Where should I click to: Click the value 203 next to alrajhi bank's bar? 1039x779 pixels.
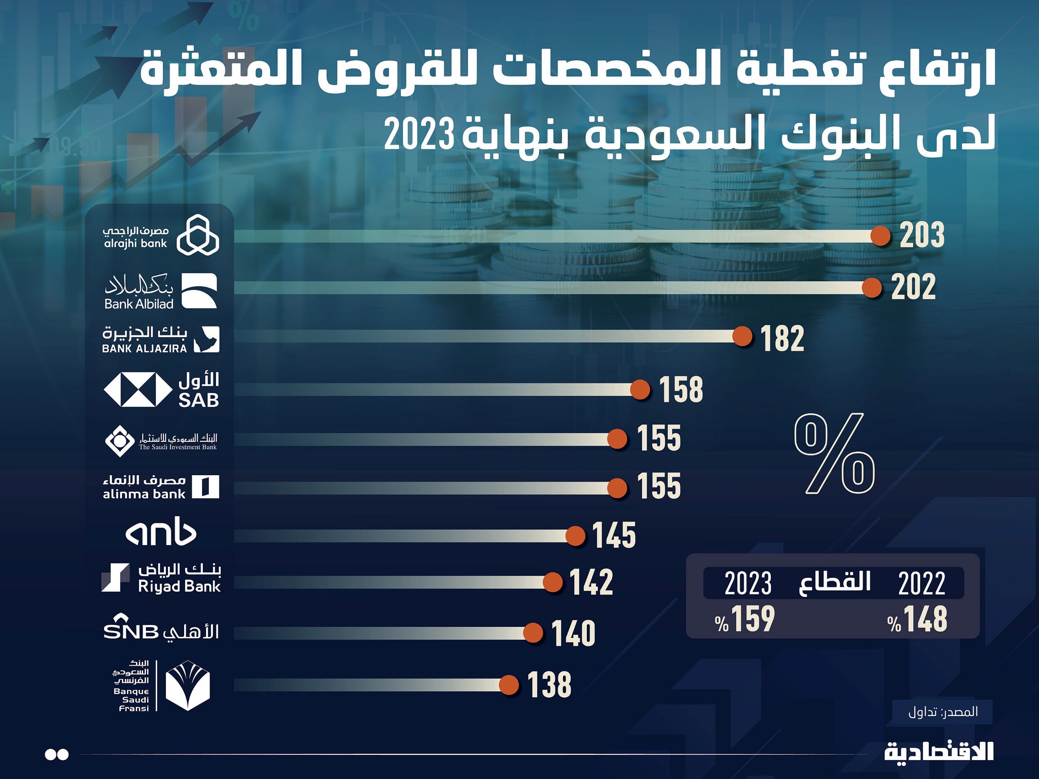pos(922,235)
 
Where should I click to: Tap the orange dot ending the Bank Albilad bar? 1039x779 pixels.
pos(872,288)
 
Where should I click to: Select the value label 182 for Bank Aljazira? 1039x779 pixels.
pos(782,339)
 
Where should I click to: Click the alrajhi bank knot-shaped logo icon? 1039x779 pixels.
pos(198,235)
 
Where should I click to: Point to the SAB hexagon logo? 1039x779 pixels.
pos(138,390)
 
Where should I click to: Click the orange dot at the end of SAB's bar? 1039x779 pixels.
pos(640,390)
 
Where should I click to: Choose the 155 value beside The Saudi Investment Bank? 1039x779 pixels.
pos(658,438)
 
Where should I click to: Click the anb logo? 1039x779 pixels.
pos(161,534)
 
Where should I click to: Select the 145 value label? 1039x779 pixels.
pos(614,536)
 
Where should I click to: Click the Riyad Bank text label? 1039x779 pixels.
pos(180,586)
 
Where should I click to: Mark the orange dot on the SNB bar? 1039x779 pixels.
pos(533,633)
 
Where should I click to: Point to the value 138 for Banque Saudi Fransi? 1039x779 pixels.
pos(549,684)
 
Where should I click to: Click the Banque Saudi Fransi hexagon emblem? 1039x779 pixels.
pos(188,685)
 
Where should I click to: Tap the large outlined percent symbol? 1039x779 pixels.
pos(834,454)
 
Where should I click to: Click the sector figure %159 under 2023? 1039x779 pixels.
pos(745,620)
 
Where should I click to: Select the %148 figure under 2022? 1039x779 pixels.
pos(918,620)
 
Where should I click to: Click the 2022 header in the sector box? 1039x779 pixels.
pos(922,584)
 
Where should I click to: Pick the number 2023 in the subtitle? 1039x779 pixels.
pos(419,134)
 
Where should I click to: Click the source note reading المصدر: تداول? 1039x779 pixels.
pos(943,712)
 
